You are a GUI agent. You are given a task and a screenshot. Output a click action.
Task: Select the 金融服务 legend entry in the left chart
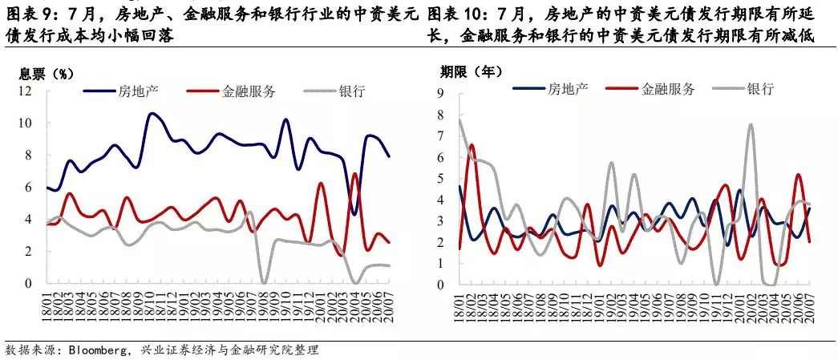tap(232, 91)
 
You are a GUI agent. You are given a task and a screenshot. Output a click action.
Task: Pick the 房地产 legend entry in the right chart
tap(550, 89)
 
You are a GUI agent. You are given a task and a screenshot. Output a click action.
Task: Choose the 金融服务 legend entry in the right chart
tap(650, 89)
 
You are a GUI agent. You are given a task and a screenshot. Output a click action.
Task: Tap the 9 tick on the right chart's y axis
tap(441, 94)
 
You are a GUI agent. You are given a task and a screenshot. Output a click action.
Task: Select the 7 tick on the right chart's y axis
tap(441, 136)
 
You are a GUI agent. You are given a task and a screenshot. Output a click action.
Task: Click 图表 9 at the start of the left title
tap(31, 14)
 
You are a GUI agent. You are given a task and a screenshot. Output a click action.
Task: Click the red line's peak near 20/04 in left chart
tap(355, 173)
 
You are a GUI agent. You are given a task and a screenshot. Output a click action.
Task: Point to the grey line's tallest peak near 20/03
tap(751, 124)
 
